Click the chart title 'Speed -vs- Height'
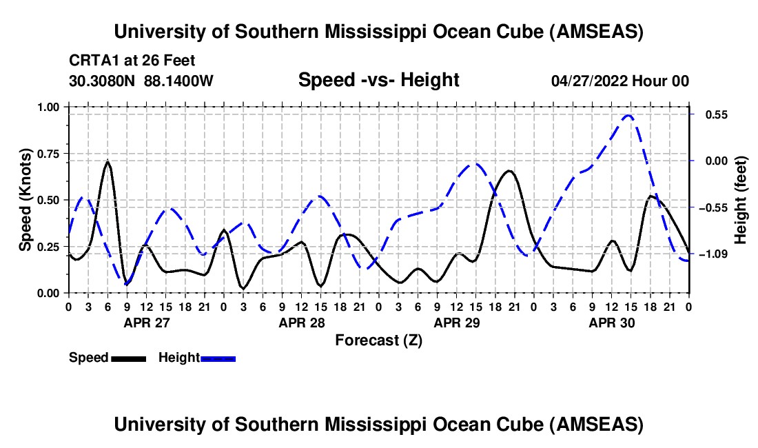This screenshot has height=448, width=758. [x=378, y=81]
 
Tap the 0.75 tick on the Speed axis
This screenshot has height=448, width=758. [x=52, y=154]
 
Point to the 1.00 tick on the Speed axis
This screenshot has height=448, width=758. [x=52, y=107]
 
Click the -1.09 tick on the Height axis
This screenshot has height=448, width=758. [x=711, y=254]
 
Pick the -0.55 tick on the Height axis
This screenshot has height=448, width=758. [x=711, y=207]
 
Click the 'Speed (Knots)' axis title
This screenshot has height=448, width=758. [x=25, y=200]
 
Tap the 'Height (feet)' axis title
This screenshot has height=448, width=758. [x=741, y=200]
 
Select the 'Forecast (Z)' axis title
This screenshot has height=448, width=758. [x=378, y=340]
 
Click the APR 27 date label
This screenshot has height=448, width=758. [x=146, y=322]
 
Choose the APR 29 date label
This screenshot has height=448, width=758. [x=456, y=322]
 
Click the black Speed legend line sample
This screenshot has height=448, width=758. [x=128, y=358]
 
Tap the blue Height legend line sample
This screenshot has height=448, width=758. [x=218, y=358]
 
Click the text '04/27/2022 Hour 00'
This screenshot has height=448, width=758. [x=619, y=81]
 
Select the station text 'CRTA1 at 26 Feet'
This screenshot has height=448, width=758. [x=132, y=61]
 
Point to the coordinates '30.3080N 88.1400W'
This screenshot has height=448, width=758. [x=141, y=81]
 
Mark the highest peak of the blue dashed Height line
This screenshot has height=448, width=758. [x=628, y=115]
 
